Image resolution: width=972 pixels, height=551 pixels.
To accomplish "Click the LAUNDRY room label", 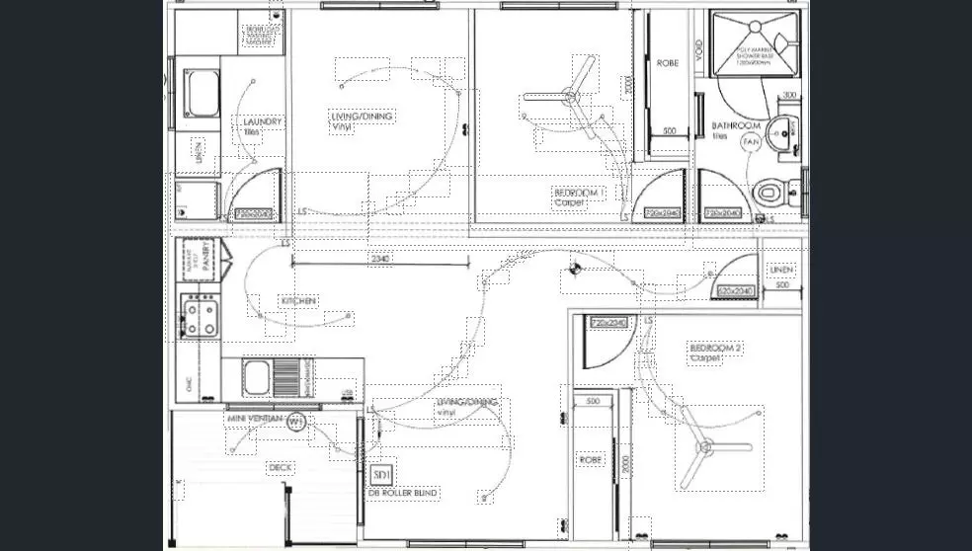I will tap(263, 122).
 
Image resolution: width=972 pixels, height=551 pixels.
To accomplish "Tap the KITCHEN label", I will tap(298, 300).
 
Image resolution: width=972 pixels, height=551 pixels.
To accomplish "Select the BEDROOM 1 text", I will tap(579, 193).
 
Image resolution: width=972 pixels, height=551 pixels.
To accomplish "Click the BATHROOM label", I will tap(736, 126).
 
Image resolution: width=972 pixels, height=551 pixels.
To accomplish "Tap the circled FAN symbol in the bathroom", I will tap(751, 143).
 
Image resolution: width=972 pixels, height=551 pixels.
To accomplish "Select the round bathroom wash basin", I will tap(783, 130).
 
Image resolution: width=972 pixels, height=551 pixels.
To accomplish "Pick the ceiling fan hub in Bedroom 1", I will tap(570, 97).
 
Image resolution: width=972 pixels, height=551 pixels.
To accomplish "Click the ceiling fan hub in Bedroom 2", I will tap(705, 447).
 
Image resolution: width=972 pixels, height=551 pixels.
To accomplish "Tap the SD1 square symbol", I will tap(382, 476).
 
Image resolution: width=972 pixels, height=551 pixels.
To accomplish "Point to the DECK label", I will tap(281, 467).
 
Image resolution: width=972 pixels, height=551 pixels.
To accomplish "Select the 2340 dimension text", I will tap(380, 259).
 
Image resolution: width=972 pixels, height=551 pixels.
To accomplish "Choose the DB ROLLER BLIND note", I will tap(403, 492).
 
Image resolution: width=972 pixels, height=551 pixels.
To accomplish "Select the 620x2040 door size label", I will tap(735, 291).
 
